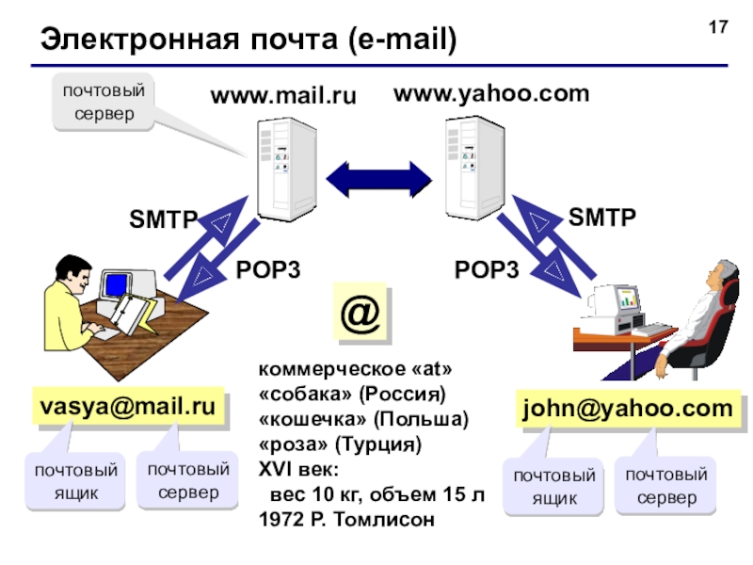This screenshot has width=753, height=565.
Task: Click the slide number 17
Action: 718,27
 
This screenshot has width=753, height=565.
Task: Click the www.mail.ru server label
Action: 283,95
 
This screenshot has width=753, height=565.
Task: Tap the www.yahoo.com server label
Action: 491,93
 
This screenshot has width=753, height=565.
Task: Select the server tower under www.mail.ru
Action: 287,169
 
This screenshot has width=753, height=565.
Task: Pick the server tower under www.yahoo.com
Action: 475,168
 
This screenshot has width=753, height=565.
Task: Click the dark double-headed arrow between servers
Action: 379,180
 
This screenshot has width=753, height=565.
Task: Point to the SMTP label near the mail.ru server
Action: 163,219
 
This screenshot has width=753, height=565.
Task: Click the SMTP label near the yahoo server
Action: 602,217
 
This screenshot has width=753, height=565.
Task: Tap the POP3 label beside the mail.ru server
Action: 268,269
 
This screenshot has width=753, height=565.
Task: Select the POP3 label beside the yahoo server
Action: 487,269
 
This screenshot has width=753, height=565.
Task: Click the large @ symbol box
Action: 360,313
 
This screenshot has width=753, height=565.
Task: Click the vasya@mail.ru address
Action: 128,406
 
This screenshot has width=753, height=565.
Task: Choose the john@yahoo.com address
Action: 628,409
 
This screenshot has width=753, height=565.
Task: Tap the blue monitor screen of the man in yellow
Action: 116,285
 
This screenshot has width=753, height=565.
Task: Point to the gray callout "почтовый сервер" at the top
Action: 104,102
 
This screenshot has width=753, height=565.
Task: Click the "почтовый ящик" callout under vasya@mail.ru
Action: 75,481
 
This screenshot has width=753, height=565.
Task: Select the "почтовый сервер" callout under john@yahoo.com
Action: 665,486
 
